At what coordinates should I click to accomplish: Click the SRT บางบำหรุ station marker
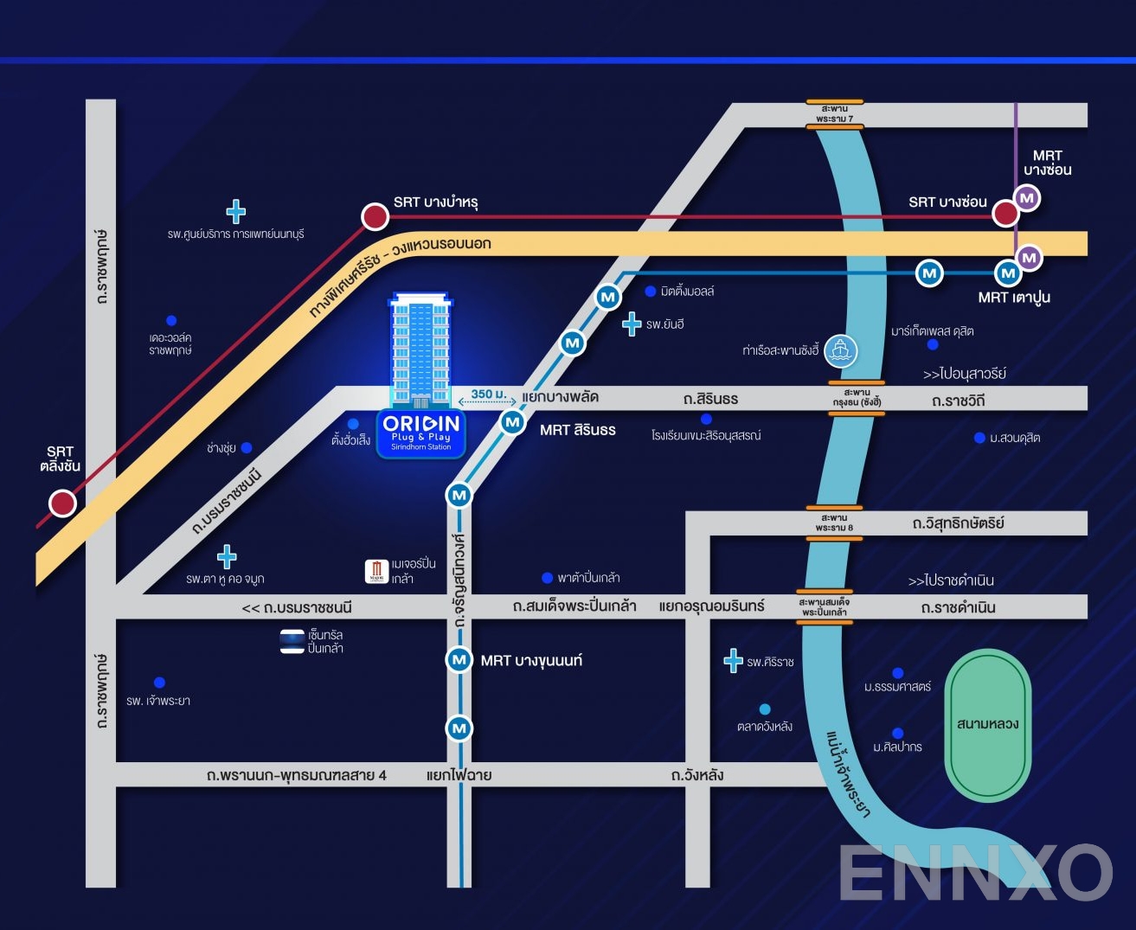coord(375,216)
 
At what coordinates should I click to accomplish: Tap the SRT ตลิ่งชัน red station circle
coord(62,503)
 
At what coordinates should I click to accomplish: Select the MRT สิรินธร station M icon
coord(513,422)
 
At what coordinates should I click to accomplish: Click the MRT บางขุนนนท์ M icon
coord(459,660)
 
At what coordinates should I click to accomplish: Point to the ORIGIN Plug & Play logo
coord(421,432)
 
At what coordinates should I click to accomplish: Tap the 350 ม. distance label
coord(488,394)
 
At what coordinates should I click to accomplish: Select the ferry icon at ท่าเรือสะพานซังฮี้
coord(839,350)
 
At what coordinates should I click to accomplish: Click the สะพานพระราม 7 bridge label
coord(834,113)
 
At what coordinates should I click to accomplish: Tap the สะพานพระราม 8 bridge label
coord(834,523)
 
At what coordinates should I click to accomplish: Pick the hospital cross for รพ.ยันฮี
coord(632,324)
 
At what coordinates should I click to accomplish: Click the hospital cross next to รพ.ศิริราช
coord(733,661)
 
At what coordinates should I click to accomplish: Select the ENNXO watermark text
coord(975,872)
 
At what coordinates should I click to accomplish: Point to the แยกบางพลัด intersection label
coord(560,397)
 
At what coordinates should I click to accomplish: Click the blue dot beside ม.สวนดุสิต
coord(979,438)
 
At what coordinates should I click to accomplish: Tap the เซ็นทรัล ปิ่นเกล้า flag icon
coord(292,641)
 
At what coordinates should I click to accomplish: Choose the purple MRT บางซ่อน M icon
coord(1027,198)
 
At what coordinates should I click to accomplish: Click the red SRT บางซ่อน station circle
coord(1005,213)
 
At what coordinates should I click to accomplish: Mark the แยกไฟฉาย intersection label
coord(459,775)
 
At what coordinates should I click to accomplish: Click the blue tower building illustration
coord(420,350)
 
